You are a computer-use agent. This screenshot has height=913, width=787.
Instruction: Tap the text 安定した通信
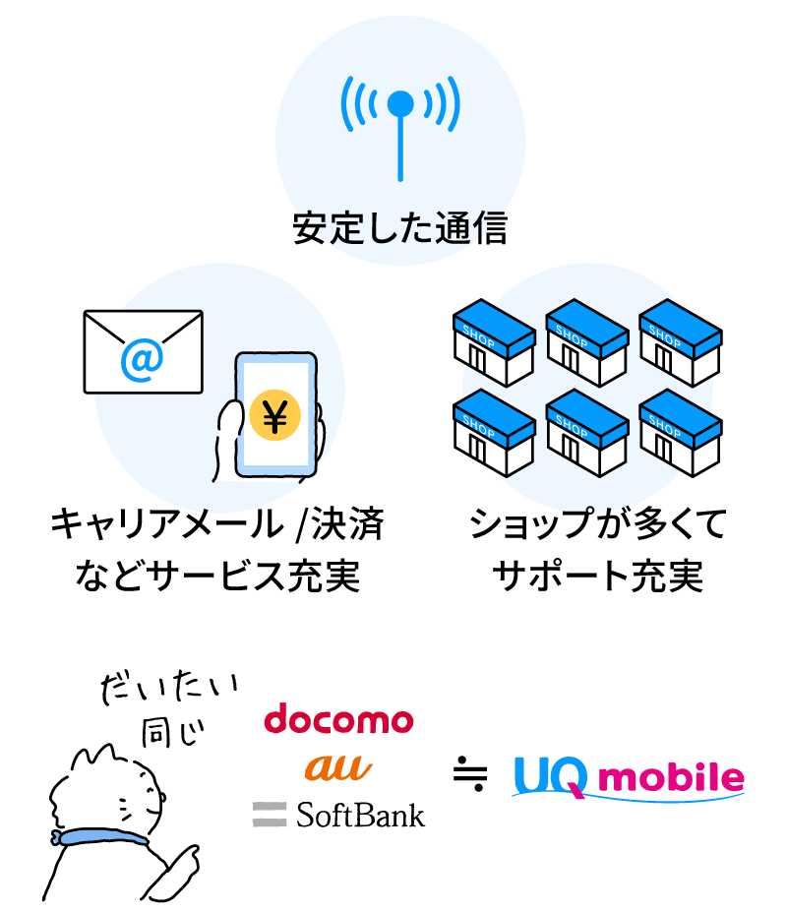399,229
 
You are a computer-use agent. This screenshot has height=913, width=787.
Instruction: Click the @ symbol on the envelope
142,361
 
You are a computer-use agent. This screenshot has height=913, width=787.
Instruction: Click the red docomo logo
338,720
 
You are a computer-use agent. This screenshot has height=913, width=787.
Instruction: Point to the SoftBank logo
339,814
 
